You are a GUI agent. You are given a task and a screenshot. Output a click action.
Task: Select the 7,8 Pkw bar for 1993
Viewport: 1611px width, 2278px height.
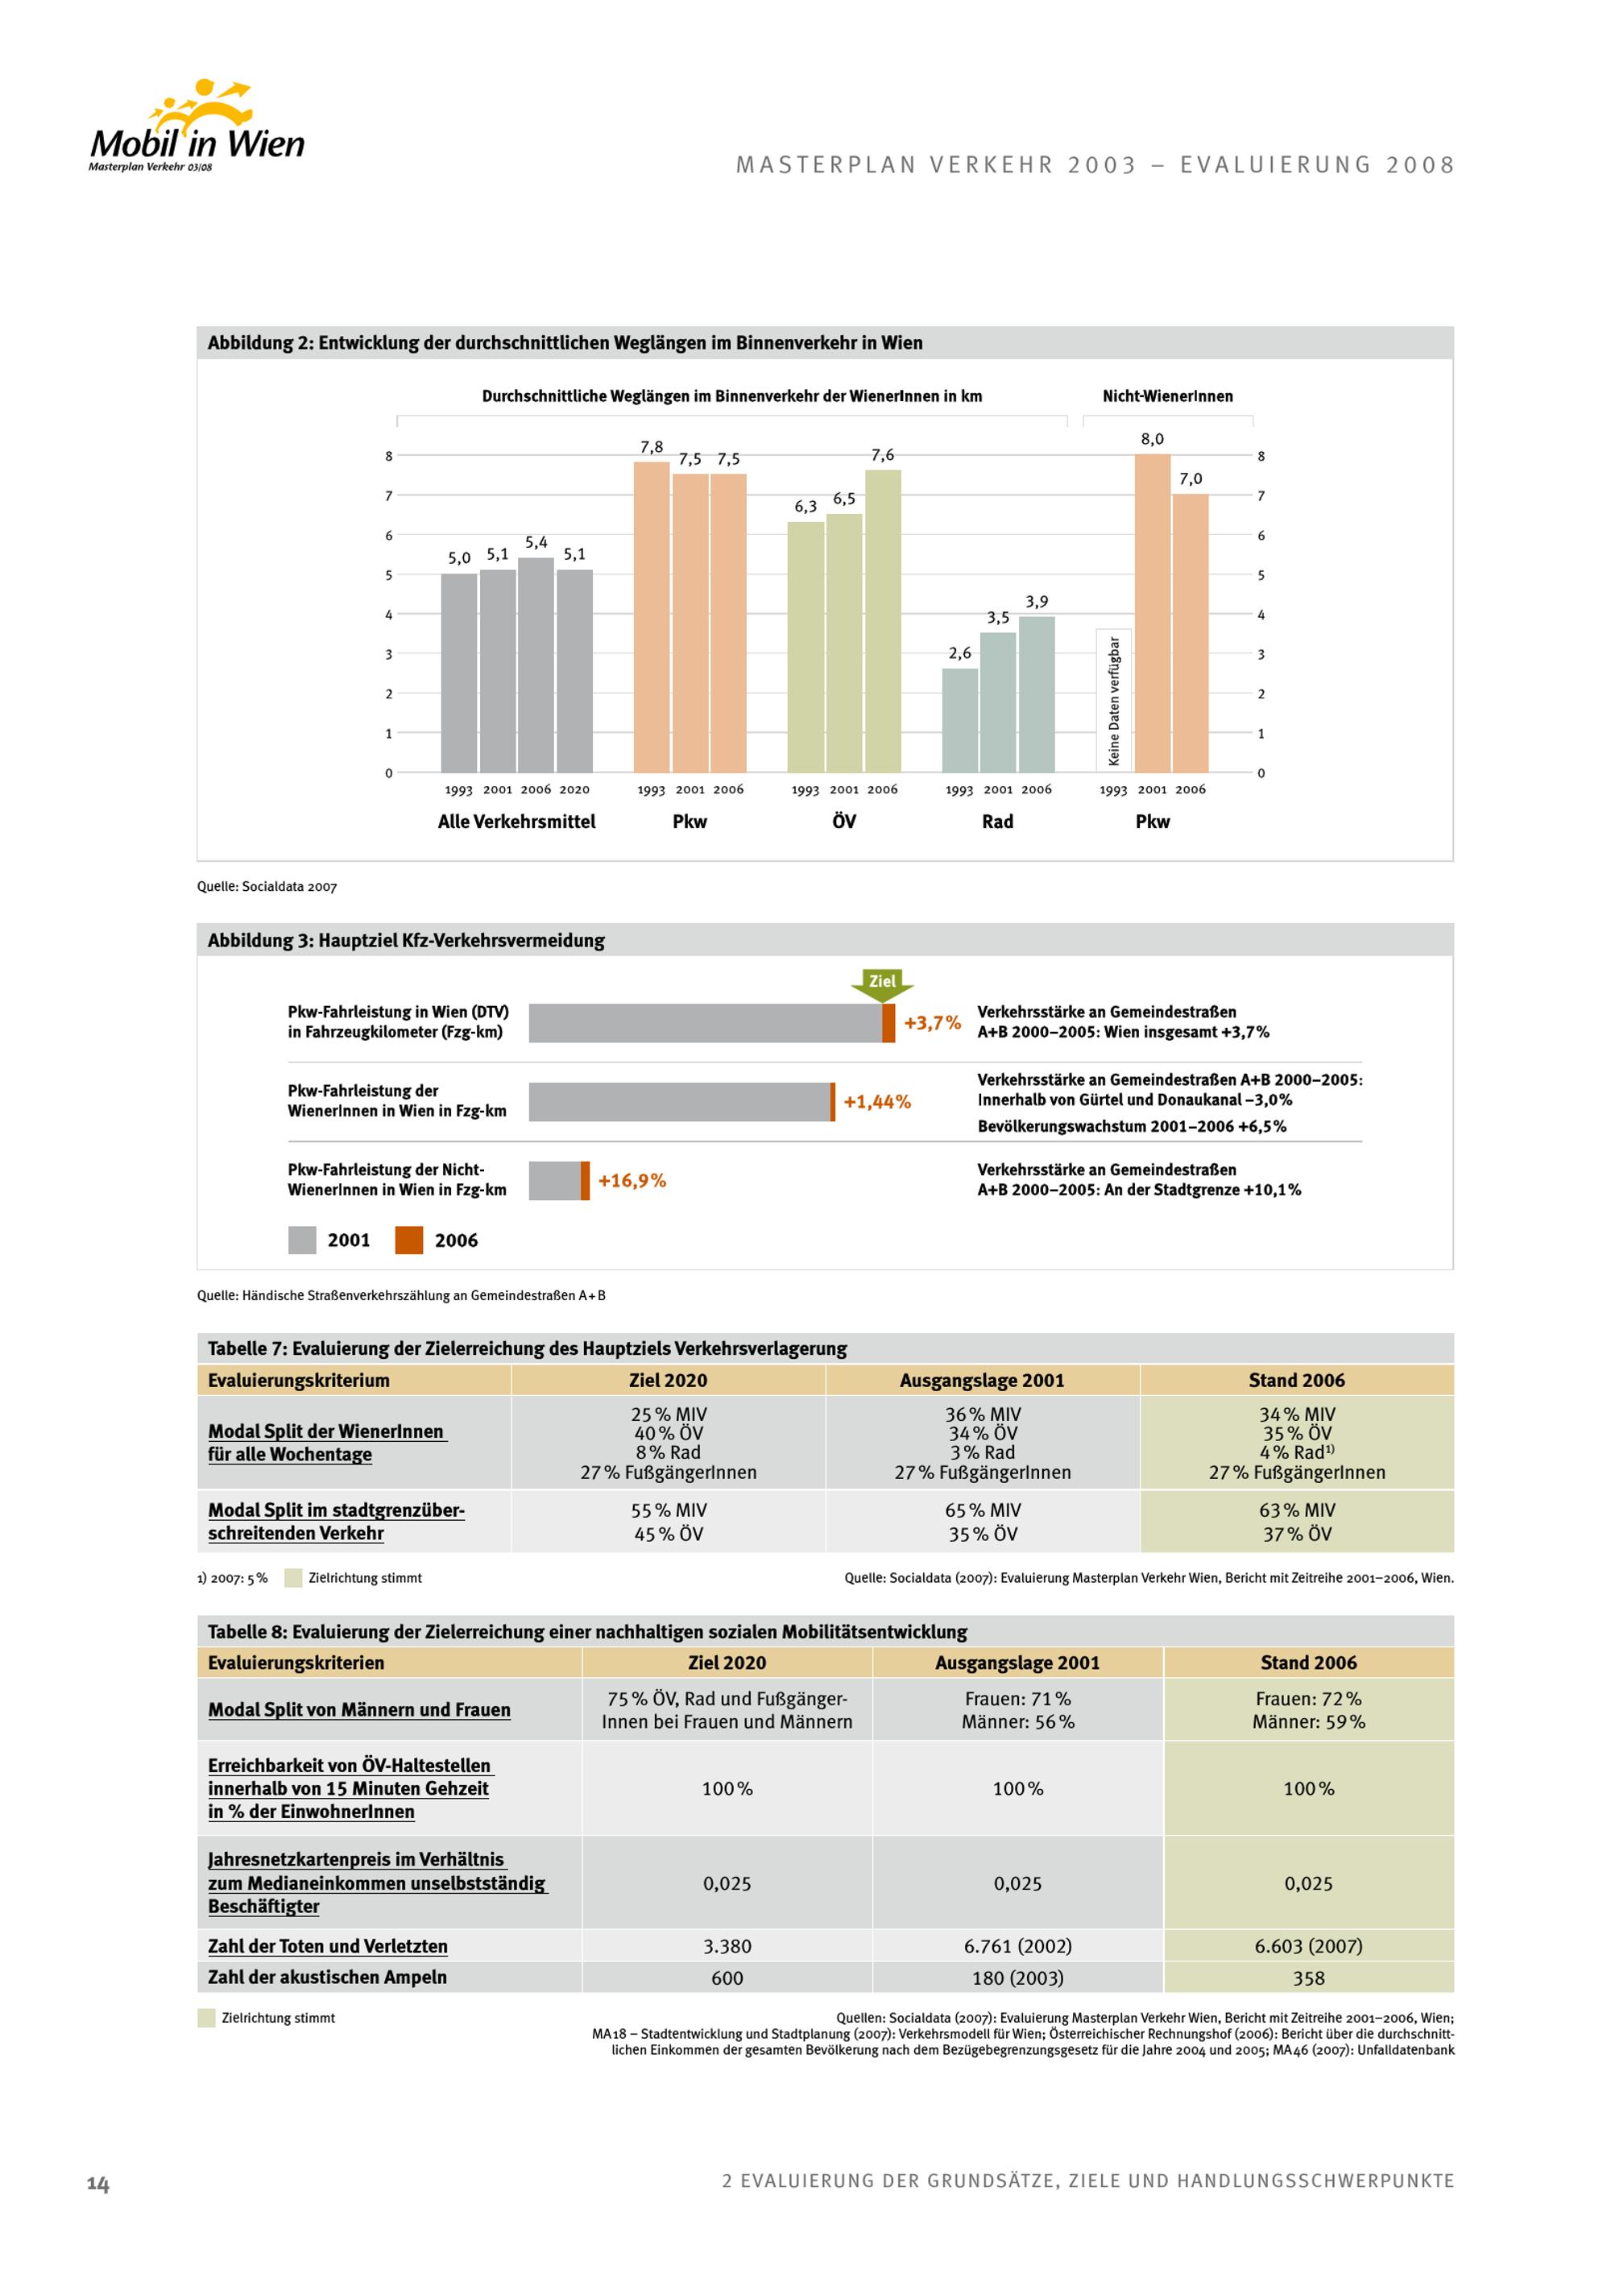point(651,617)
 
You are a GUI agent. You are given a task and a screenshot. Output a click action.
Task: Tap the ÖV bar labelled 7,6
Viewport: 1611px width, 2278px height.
point(882,621)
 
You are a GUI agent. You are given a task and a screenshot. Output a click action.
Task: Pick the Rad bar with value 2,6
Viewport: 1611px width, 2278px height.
point(959,720)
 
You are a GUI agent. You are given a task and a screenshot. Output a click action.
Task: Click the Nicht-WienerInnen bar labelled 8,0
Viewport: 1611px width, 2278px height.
point(1152,613)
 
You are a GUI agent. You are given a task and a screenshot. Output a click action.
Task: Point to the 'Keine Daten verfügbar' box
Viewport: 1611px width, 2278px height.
point(1113,699)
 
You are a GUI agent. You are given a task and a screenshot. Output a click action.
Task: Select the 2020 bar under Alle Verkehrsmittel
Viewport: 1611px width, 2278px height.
point(574,671)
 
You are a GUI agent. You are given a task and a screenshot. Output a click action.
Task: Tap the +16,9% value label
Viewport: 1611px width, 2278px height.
point(632,1181)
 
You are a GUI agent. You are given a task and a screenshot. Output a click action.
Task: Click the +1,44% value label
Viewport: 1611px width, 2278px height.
point(877,1101)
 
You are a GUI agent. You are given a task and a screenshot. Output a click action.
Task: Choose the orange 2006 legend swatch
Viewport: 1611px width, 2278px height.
point(408,1240)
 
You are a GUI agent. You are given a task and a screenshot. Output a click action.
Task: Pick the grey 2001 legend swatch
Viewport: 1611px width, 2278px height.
point(301,1240)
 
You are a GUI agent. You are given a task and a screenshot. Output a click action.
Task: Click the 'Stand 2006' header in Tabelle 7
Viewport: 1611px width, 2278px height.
point(1295,1380)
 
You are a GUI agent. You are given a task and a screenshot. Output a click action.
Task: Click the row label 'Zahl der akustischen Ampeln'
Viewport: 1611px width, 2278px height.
point(327,1977)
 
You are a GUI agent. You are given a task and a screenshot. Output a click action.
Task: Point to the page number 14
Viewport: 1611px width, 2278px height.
point(97,2183)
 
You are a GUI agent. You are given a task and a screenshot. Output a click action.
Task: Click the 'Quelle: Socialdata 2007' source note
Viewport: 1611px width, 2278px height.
point(267,887)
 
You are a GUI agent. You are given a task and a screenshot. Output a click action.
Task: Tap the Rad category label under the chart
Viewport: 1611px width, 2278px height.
point(997,822)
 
